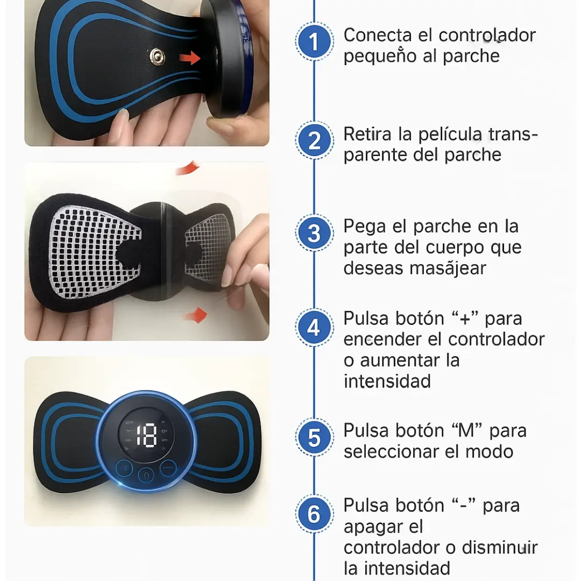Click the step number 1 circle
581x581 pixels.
(x=314, y=41)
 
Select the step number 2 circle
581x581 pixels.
(x=314, y=140)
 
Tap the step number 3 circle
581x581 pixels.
(x=314, y=233)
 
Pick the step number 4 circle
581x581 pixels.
(x=314, y=328)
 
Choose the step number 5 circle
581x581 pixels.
(x=314, y=437)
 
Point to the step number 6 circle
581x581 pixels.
(x=314, y=514)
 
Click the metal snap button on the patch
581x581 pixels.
(x=158, y=56)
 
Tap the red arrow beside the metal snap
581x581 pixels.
(x=190, y=58)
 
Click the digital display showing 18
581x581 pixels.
(x=146, y=435)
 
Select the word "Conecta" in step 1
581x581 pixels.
(x=378, y=35)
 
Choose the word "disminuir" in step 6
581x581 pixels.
(x=499, y=548)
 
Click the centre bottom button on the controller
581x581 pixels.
(x=146, y=475)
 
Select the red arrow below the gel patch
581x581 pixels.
(x=196, y=315)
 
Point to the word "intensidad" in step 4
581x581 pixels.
(x=387, y=381)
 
